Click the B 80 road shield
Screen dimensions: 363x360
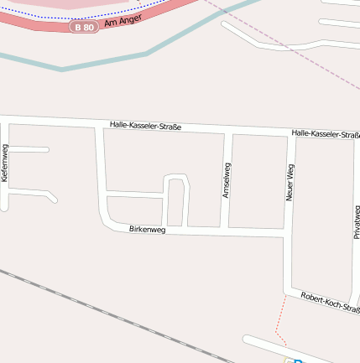(83, 28)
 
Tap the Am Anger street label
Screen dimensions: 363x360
(123, 18)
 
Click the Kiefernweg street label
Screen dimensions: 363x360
(5, 163)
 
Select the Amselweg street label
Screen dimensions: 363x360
(226, 179)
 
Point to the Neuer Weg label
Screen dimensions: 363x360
(290, 182)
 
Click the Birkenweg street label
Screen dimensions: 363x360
(147, 230)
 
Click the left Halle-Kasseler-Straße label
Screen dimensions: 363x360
(145, 126)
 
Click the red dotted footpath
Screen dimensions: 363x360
(279, 323)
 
